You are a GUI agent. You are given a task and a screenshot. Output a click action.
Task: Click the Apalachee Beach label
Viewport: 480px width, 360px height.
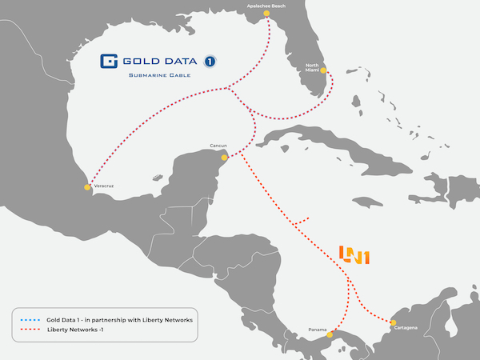pyautogui.click(x=266, y=5)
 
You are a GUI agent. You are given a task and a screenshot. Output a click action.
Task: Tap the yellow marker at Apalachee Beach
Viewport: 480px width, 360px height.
pyautogui.click(x=266, y=14)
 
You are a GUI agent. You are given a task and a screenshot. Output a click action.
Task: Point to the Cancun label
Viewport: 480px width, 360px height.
pyautogui.click(x=218, y=146)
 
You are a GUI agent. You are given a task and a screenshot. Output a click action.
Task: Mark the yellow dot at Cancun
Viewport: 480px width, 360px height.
pyautogui.click(x=225, y=157)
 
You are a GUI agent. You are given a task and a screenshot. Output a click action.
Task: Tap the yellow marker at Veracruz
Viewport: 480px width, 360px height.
pyautogui.click(x=87, y=187)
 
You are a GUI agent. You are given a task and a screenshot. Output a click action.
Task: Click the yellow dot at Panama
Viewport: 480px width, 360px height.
pyautogui.click(x=334, y=329)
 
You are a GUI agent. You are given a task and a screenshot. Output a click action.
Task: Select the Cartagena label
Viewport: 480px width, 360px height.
pyautogui.click(x=407, y=328)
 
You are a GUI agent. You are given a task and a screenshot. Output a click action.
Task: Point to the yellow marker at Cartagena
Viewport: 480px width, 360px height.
pyautogui.click(x=394, y=323)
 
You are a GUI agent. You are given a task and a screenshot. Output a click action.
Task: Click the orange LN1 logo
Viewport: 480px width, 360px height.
pyautogui.click(x=354, y=255)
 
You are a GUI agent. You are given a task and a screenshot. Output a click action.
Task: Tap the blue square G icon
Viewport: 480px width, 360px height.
pyautogui.click(x=110, y=61)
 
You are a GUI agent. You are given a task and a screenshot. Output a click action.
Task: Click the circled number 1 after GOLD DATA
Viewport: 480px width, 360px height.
pyautogui.click(x=210, y=61)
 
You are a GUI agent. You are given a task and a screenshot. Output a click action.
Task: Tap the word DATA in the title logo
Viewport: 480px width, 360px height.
pyautogui.click(x=177, y=61)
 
